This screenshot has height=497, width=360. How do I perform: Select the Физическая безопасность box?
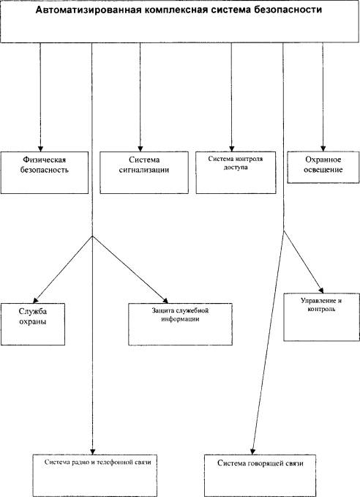[45, 173]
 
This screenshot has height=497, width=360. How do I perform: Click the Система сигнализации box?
[144, 173]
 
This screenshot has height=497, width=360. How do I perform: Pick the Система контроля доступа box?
[236, 173]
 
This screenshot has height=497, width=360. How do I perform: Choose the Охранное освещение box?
[323, 168]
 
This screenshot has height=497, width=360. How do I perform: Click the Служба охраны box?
[33, 324]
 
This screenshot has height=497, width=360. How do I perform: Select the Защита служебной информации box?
[180, 324]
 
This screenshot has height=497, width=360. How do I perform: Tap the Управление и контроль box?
[321, 317]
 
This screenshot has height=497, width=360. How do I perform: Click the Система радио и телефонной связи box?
[95, 476]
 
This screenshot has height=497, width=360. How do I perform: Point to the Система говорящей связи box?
[260, 476]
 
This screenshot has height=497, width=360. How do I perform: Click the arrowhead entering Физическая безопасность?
[40, 149]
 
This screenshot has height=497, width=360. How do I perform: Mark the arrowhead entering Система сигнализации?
[140, 149]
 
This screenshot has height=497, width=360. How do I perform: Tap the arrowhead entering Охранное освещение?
[323, 149]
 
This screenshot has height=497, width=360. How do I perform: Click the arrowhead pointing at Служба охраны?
[36, 300]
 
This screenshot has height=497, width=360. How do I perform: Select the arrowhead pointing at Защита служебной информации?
[165, 301]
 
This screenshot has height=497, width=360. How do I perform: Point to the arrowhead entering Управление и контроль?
[321, 291]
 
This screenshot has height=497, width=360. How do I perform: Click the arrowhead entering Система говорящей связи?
[252, 452]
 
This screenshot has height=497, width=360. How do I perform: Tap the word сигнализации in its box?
[144, 170]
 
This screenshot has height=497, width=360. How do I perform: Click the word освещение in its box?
[323, 170]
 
